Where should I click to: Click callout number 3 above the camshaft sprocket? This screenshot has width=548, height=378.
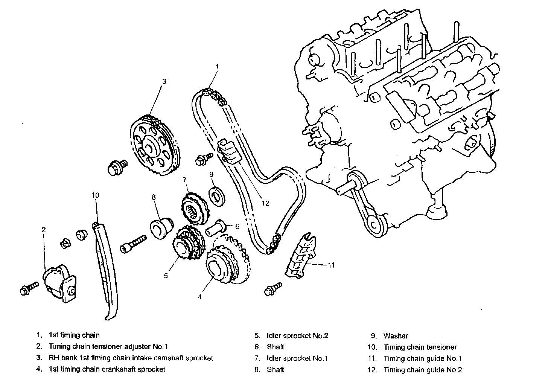click(x=164, y=81)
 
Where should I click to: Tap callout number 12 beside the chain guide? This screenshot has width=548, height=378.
click(x=265, y=203)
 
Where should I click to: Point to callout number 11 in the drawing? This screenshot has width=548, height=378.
click(x=331, y=265)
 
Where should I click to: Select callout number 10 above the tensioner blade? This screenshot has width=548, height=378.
click(x=96, y=195)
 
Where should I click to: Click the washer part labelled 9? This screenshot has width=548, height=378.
click(x=217, y=197)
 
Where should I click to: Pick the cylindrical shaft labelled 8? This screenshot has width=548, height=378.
click(x=161, y=228)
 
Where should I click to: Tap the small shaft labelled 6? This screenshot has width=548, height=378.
click(x=215, y=228)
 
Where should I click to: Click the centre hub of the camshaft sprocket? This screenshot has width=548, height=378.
click(x=148, y=147)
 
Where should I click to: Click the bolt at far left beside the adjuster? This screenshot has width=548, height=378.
click(x=29, y=288)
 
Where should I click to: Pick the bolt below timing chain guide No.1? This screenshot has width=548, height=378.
click(x=273, y=289)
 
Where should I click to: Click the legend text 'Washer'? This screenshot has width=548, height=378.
click(x=396, y=336)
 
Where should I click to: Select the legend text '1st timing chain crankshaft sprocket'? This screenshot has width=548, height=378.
click(x=107, y=369)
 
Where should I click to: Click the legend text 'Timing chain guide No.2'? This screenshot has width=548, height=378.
click(x=423, y=370)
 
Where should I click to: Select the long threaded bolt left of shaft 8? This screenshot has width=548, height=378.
click(x=133, y=244)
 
